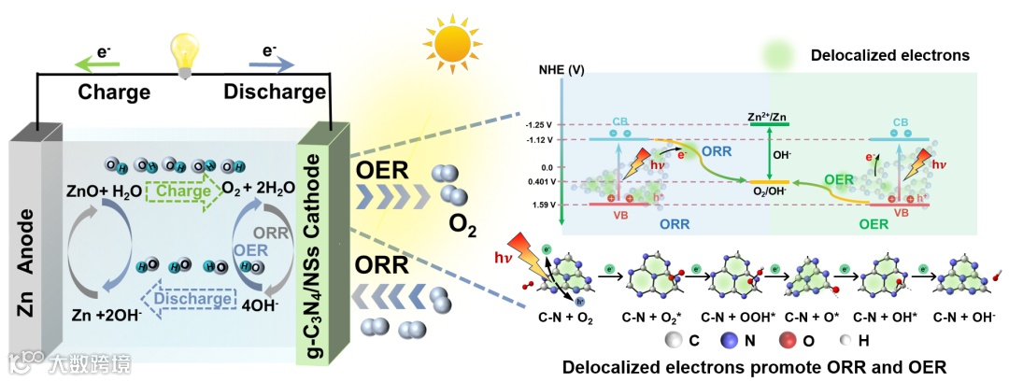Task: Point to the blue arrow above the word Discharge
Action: [x=271, y=64]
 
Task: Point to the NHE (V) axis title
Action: [x=561, y=70]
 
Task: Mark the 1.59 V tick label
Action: [x=543, y=204]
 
